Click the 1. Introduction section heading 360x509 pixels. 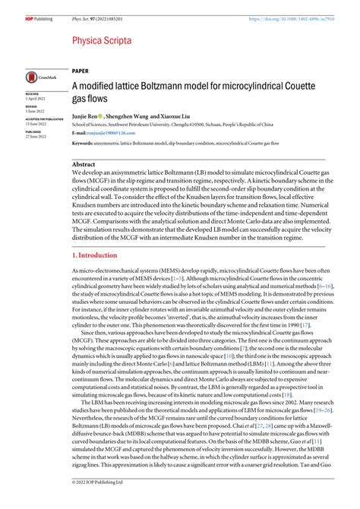[x=96, y=255]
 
